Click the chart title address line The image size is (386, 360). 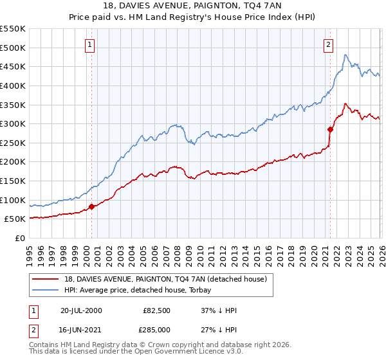pyautogui.click(x=193, y=6)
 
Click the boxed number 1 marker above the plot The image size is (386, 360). pyautogui.click(x=89, y=44)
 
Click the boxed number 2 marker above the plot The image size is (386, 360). pyautogui.click(x=329, y=44)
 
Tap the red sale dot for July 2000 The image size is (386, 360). pyautogui.click(x=91, y=206)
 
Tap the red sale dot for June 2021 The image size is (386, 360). pyautogui.click(x=330, y=129)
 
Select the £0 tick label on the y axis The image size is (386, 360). pyautogui.click(x=20, y=238)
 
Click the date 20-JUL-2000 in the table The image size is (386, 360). pyautogui.click(x=81, y=310)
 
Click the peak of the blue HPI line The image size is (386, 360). pyautogui.click(x=345, y=55)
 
